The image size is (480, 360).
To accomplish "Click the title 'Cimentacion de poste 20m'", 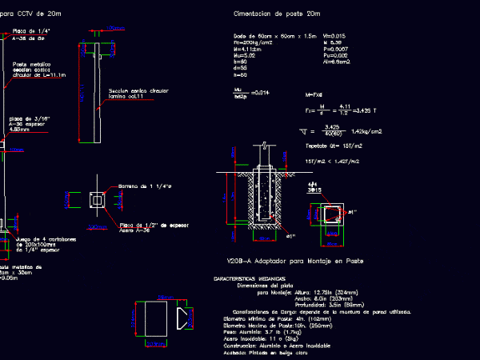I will (276, 14).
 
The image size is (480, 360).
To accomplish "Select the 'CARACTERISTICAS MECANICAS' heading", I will (247, 278).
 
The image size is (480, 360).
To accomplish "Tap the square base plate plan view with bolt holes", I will (97, 202).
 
